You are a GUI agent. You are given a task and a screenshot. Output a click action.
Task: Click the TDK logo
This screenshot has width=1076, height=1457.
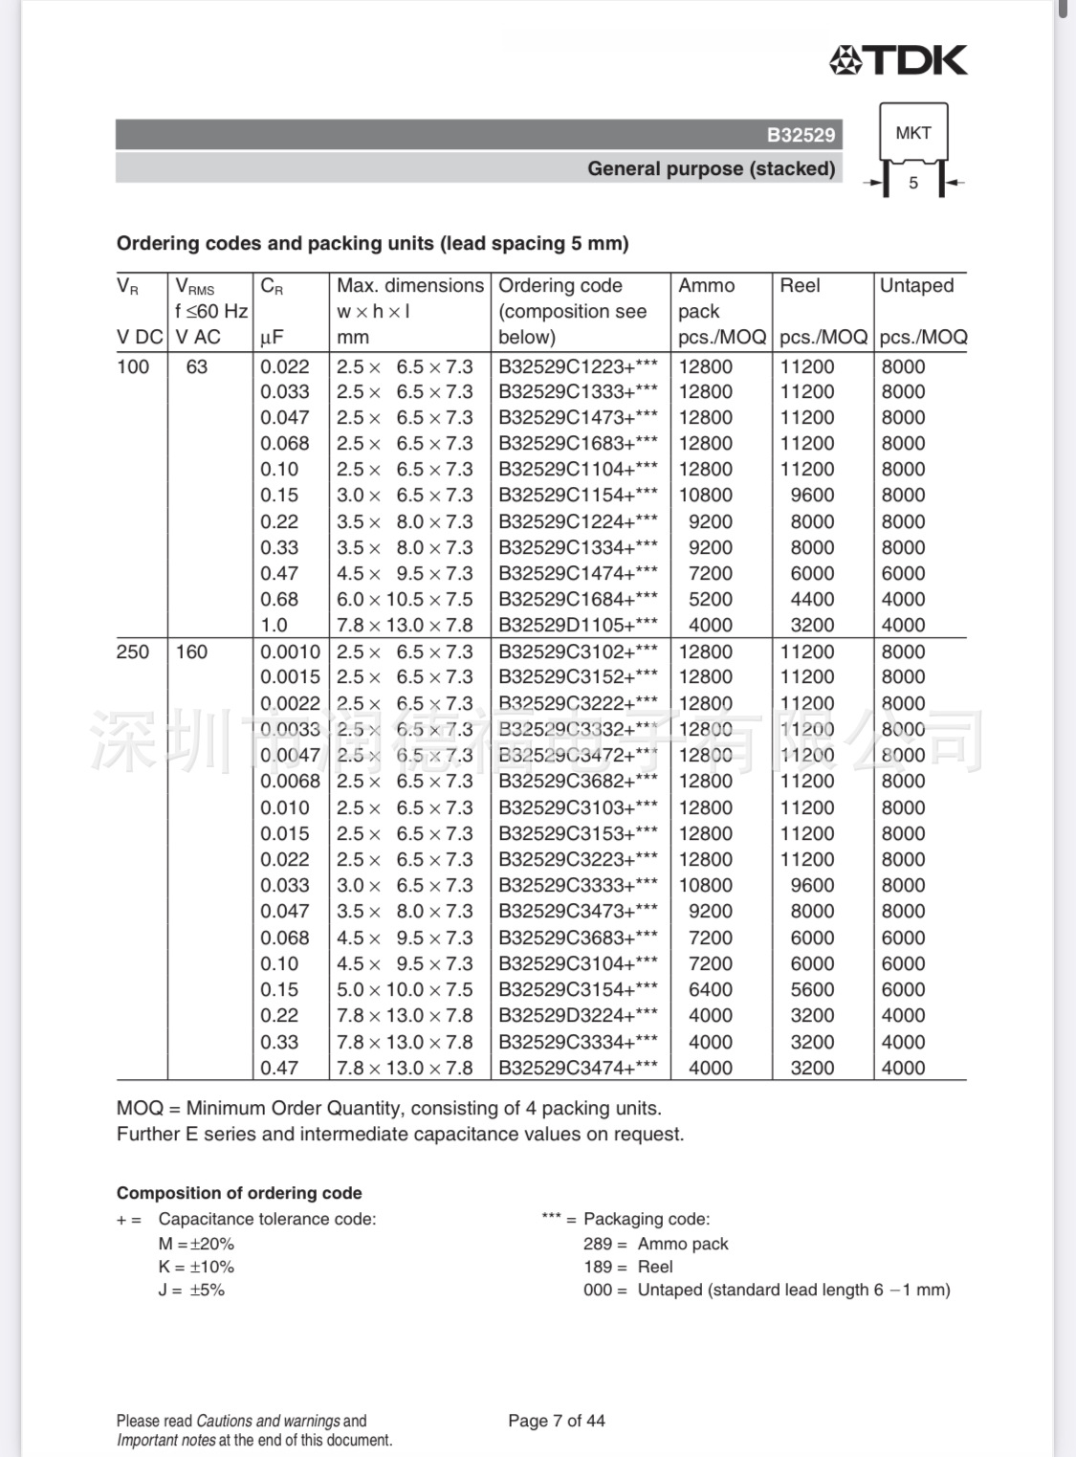pyautogui.click(x=898, y=60)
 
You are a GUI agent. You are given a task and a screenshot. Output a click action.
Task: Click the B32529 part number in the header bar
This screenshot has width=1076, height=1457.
pyautogui.click(x=801, y=135)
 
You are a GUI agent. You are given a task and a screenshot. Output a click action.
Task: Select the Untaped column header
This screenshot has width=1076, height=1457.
pyautogui.click(x=916, y=285)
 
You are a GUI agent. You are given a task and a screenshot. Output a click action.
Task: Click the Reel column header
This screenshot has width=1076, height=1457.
pyautogui.click(x=800, y=285)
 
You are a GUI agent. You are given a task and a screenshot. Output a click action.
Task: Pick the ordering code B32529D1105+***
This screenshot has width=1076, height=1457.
pyautogui.click(x=578, y=625)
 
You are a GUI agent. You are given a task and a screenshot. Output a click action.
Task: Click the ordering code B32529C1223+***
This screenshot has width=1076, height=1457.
pyautogui.click(x=578, y=366)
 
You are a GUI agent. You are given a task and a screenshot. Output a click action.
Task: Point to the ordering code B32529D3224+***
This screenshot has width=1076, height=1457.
pyautogui.click(x=578, y=1015)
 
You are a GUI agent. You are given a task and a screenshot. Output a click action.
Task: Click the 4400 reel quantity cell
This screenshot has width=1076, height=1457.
pyautogui.click(x=812, y=599)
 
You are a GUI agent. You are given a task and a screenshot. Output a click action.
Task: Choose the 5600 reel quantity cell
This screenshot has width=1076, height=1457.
pyautogui.click(x=812, y=989)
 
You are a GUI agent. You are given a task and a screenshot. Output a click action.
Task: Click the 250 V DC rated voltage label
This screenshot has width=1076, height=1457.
pyautogui.click(x=133, y=651)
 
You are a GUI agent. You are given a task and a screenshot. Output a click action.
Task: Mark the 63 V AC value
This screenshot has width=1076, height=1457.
pyautogui.click(x=196, y=366)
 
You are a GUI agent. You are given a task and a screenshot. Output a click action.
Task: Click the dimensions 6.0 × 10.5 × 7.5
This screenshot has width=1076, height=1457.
pyautogui.click(x=405, y=599)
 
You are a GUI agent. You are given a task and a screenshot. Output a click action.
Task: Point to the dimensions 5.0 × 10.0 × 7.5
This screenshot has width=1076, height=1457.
pyautogui.click(x=405, y=989)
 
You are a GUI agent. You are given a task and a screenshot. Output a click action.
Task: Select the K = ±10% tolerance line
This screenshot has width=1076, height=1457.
pyautogui.click(x=196, y=1267)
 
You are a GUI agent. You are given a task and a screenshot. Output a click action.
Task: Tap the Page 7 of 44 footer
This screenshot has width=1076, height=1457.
pyautogui.click(x=557, y=1421)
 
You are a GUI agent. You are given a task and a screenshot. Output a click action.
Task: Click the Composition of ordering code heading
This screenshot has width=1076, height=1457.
pyautogui.click(x=239, y=1193)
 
